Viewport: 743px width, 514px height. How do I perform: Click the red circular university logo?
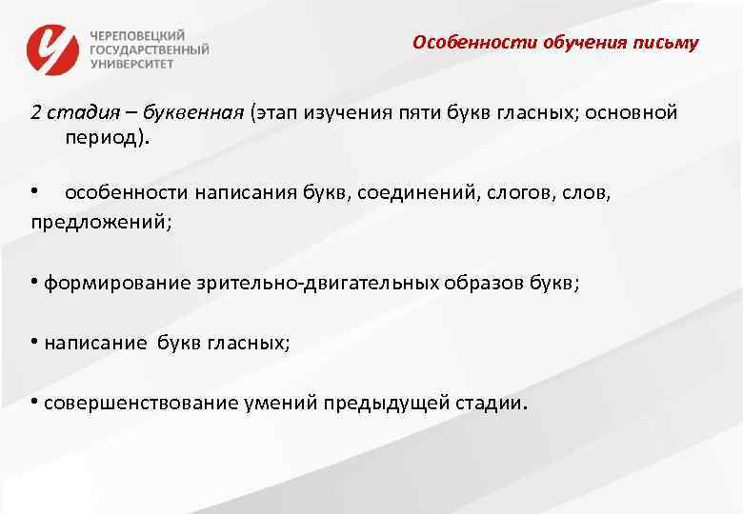tap(52, 49)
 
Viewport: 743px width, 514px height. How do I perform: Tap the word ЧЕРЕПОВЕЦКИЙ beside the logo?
tap(139, 32)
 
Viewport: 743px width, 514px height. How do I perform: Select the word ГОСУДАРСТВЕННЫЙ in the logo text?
tap(150, 49)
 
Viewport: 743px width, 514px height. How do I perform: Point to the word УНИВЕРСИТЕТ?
tap(132, 64)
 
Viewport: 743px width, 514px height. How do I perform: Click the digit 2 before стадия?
tap(35, 112)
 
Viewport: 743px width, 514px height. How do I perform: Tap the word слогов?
tap(513, 192)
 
